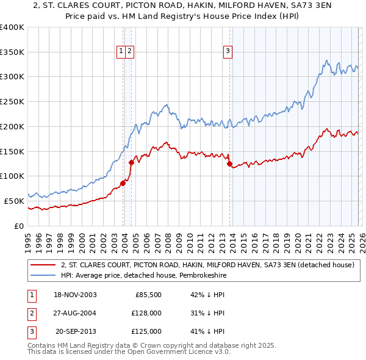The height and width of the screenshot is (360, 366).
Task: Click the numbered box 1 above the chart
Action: click(121, 52)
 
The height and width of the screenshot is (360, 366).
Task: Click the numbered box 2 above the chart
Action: click(131, 52)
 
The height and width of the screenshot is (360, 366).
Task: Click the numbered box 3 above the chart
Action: click(228, 52)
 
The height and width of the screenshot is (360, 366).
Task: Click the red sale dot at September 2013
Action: click(229, 164)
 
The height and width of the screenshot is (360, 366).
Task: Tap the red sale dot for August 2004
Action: click(131, 162)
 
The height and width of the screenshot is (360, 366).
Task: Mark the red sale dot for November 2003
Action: click(123, 183)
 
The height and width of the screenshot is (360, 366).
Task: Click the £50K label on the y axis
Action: click(14, 200)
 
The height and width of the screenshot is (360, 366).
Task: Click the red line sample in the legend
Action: click(43, 265)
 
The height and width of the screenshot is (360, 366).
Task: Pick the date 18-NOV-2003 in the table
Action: click(74, 295)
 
